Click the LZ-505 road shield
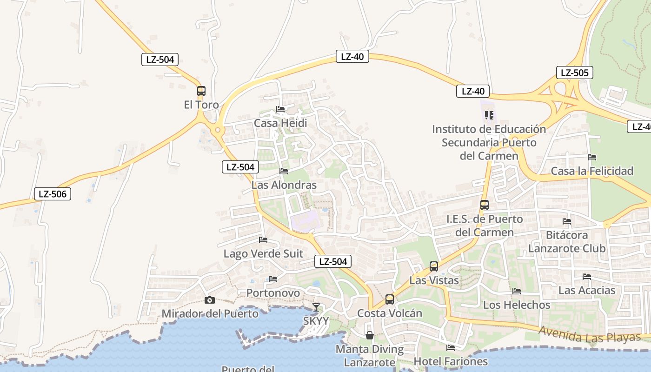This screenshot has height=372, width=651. coord(574,73)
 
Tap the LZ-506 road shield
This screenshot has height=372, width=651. coord(53,194)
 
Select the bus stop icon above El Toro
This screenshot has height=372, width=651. coord(201,91)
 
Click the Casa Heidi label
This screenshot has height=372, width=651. coord(280,123)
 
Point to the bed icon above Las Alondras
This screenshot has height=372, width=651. coord(284,171)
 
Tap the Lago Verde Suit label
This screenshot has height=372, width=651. coord(263,254)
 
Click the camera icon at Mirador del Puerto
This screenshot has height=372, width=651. coord(210,300)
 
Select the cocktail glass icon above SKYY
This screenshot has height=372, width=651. coord(316,307)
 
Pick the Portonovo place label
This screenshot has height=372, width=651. coord(273,293)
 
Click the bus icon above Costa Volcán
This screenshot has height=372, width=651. coord(390,299)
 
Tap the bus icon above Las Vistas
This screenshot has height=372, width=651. coord(434,266)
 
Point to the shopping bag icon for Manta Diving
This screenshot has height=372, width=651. coord(370,335)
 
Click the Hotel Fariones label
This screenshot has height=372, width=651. coord(451,361)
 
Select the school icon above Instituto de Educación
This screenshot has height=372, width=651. coord(489,114)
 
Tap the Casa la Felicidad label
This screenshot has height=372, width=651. coord(592,171)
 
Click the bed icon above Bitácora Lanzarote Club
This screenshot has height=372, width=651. coord(567,221)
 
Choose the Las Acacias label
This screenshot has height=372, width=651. coord(587,291)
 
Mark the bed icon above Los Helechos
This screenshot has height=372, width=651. coord(517,291)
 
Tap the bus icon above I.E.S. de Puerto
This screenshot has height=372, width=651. coord(484,205)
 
